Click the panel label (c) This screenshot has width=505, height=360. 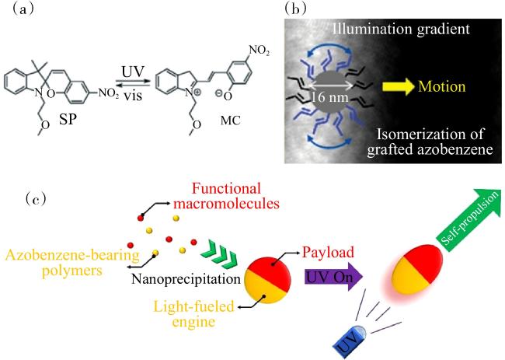[36, 200]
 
